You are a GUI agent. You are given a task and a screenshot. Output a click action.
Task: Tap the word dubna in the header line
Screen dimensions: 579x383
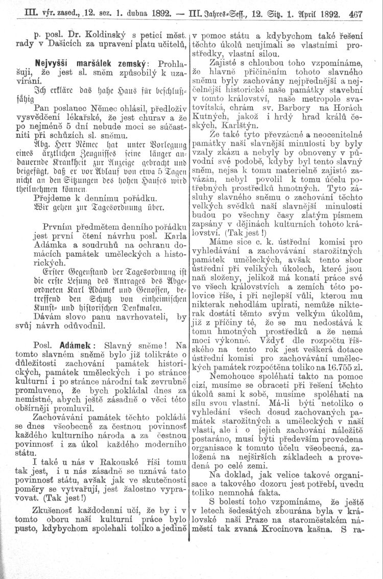pos(117,14)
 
